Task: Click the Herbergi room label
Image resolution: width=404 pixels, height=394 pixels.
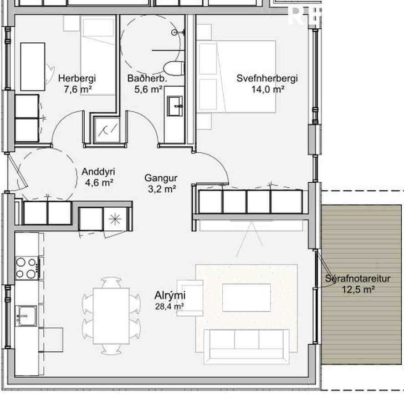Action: click(x=77, y=78)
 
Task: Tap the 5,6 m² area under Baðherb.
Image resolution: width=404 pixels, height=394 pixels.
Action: click(x=148, y=90)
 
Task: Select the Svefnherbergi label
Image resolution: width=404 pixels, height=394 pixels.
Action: click(x=267, y=78)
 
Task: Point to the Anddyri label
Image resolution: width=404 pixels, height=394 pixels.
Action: click(x=98, y=172)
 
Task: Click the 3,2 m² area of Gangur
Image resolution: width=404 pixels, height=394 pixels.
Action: click(x=162, y=189)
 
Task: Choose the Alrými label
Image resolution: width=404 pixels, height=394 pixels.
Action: click(x=170, y=295)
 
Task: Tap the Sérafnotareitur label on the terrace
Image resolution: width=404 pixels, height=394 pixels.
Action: click(x=358, y=279)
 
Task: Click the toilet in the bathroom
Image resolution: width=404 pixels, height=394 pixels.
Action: click(x=174, y=68)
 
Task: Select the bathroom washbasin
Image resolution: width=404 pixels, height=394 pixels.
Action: click(x=175, y=105)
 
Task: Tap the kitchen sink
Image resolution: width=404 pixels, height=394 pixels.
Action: click(x=26, y=316)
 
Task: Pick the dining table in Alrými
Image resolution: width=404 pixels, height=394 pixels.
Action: click(x=111, y=316)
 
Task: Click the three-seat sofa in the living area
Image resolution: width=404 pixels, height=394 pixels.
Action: click(x=246, y=346)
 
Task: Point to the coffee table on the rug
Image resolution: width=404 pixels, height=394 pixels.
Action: click(x=246, y=298)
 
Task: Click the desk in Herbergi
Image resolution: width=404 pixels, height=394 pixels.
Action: click(x=33, y=67)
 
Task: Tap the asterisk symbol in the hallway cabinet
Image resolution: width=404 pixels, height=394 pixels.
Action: click(x=115, y=219)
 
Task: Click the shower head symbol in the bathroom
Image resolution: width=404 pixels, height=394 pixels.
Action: click(x=174, y=32)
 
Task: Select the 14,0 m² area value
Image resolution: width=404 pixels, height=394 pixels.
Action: click(x=268, y=90)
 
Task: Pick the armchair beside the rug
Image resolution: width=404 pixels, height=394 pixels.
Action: click(x=190, y=298)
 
